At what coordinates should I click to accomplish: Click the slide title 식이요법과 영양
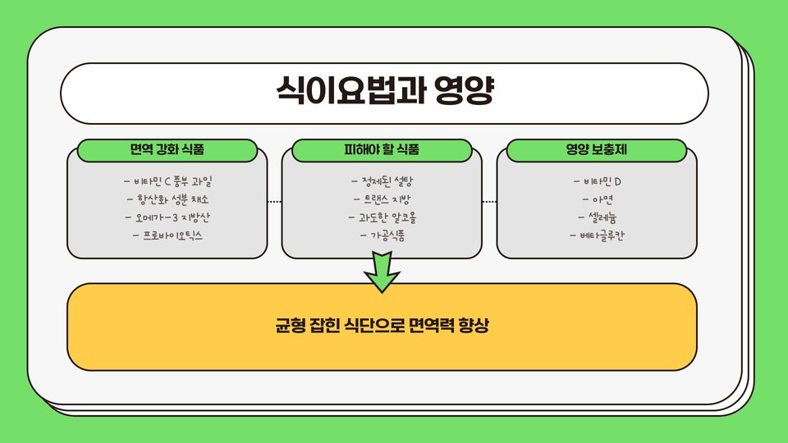click(x=383, y=92)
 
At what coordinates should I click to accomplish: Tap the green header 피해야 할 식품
click(x=382, y=150)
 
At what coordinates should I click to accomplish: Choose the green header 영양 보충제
click(x=597, y=150)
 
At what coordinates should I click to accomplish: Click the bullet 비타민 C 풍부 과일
click(x=167, y=181)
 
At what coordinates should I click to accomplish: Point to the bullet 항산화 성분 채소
click(x=167, y=199)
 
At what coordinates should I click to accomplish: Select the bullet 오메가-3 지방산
click(x=167, y=217)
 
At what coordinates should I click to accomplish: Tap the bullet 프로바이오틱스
click(x=167, y=235)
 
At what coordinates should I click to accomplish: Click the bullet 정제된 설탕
click(x=382, y=181)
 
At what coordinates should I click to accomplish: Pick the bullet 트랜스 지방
click(x=382, y=199)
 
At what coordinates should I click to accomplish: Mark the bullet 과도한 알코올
click(x=382, y=217)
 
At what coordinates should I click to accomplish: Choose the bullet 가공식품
click(x=382, y=235)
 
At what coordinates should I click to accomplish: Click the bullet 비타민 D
click(x=597, y=181)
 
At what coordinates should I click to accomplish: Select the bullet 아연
click(x=597, y=199)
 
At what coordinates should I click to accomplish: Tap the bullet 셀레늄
click(x=597, y=217)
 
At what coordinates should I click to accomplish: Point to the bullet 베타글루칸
click(x=597, y=235)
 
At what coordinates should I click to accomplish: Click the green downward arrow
click(x=382, y=271)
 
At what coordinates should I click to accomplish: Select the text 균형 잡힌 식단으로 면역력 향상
click(x=382, y=325)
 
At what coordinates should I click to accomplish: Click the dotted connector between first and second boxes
click(x=274, y=201)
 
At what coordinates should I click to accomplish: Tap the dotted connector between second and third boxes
click(x=489, y=201)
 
